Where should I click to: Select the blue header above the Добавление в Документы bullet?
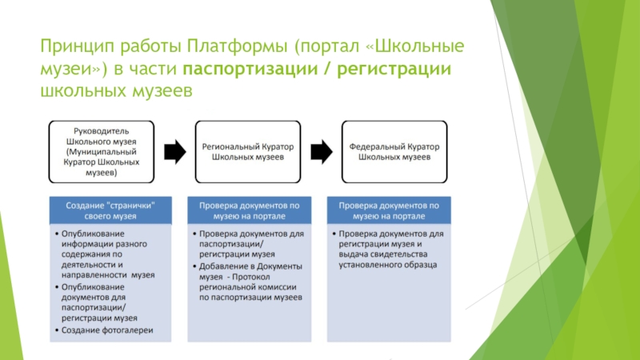coord(250,210)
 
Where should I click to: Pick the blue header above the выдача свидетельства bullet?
coord(395,210)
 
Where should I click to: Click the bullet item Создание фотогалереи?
coord(109,330)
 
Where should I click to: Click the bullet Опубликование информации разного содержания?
coord(110,254)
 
